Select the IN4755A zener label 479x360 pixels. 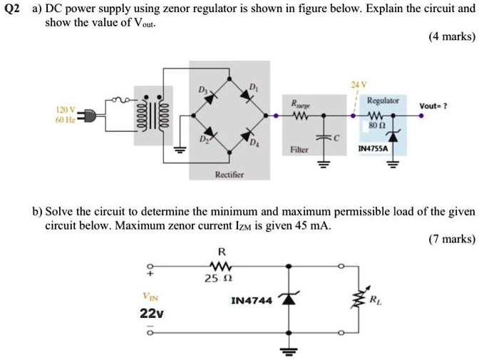[x=372, y=150]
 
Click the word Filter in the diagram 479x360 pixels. [x=299, y=150]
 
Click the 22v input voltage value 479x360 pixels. [x=151, y=313]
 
